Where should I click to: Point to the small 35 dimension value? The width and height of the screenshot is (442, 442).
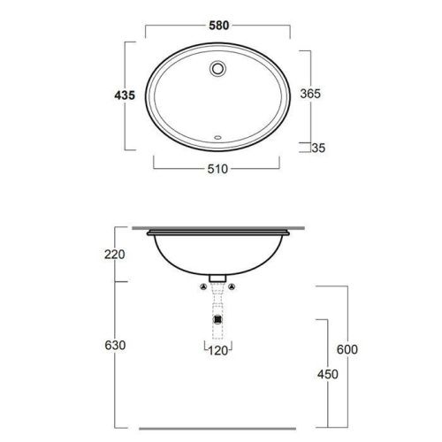point(319,149)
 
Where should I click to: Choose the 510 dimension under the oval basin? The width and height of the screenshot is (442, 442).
point(221,170)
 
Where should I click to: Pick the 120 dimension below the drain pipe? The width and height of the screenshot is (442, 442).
point(219,352)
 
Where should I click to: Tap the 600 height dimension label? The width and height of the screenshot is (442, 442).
point(349,349)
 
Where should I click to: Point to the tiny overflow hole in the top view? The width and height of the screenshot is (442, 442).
point(217,137)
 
